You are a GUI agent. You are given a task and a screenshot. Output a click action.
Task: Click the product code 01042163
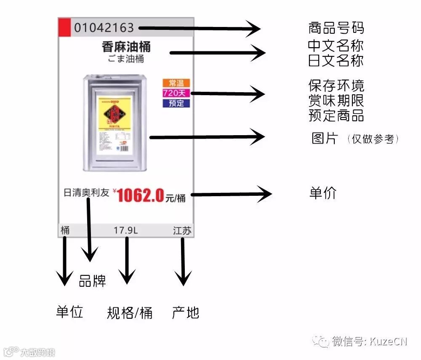[104, 28]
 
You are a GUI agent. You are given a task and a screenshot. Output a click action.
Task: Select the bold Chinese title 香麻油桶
[126, 47]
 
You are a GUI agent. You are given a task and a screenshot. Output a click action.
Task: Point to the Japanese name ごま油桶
[126, 59]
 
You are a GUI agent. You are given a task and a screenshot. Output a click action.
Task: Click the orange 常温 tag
[176, 83]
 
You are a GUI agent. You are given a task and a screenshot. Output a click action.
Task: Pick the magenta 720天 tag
[176, 93]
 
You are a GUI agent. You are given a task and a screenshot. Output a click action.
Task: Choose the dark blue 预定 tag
[176, 103]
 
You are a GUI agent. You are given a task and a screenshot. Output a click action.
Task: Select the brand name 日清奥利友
[86, 193]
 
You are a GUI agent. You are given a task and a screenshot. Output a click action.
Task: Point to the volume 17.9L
[125, 230]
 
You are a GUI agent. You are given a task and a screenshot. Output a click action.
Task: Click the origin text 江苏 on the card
[182, 230]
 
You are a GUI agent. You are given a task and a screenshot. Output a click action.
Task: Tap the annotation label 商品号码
[336, 28]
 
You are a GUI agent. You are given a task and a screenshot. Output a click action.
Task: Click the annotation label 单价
[323, 192]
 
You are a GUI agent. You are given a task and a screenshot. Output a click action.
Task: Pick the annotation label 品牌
[92, 281]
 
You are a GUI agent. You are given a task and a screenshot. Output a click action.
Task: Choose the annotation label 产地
[185, 312]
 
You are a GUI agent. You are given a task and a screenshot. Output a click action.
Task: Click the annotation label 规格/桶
[129, 313]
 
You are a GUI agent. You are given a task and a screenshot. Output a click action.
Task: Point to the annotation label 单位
[69, 312]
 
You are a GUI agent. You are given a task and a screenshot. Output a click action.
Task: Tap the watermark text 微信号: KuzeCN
[369, 341]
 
